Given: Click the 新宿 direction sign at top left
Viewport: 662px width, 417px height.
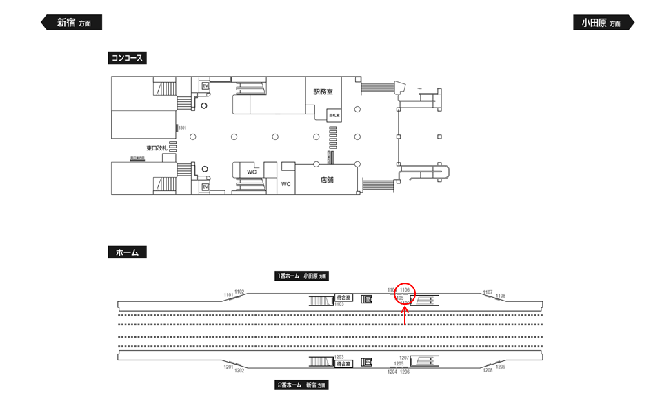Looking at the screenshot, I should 72,23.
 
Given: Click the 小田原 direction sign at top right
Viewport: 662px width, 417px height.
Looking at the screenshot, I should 602,23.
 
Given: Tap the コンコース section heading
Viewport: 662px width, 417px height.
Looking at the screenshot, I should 127,59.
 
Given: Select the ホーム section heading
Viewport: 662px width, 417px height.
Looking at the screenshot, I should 127,253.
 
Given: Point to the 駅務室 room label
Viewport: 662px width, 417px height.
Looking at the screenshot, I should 323,91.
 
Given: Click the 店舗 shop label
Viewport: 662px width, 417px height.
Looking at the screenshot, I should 327,180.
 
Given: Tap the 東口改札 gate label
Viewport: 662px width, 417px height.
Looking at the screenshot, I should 157,148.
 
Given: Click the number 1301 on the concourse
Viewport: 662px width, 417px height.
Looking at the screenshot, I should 182,128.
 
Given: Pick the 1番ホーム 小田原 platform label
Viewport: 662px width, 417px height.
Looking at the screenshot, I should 301,276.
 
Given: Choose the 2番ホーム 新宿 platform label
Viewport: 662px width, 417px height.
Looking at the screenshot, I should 301,385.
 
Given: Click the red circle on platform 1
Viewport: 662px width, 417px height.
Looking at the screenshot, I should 405,294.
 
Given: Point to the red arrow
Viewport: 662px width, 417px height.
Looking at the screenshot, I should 405,316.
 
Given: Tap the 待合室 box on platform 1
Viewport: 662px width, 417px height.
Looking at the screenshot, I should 343,298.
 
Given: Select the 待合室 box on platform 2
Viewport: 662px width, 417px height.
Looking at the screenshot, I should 343,363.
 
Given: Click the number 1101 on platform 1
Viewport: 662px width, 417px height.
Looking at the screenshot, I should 228,295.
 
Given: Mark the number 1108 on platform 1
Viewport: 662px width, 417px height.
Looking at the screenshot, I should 501,296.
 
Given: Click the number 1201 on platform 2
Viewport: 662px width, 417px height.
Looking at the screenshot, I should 228,367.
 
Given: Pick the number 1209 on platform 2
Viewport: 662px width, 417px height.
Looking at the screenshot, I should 501,367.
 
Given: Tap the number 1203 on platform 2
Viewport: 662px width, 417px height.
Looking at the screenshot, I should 339,357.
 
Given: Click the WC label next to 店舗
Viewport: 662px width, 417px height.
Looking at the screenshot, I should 286,184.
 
